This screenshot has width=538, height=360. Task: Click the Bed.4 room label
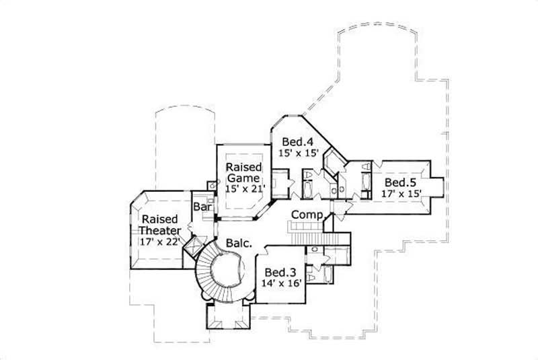pyautogui.click(x=296, y=142)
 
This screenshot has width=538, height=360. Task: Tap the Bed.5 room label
pyautogui.click(x=400, y=182)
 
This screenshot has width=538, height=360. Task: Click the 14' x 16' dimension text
pyautogui.click(x=280, y=284)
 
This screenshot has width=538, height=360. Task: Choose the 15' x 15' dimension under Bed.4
pyautogui.click(x=296, y=153)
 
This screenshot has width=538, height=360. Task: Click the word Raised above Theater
pyautogui.click(x=159, y=219)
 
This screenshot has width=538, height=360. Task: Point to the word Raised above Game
pyautogui.click(x=242, y=166)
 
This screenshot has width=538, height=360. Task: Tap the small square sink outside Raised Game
pyautogui.click(x=213, y=184)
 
